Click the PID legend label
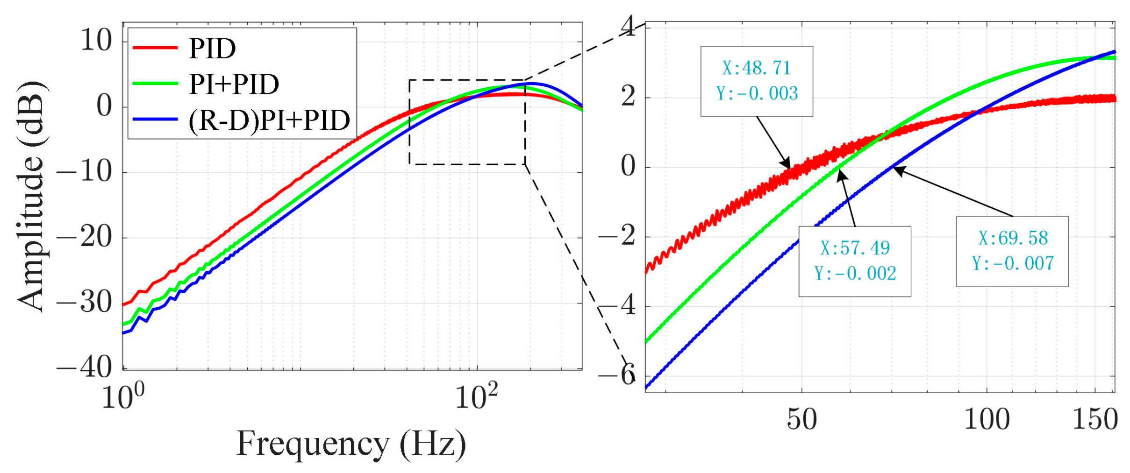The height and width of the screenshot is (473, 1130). (212, 48)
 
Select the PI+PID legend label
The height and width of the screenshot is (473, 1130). (234, 84)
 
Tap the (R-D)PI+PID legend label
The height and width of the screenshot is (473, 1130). (269, 120)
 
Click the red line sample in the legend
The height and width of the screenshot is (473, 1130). (155, 48)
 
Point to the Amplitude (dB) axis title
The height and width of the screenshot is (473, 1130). (32, 196)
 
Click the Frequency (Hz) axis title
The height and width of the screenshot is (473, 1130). (351, 444)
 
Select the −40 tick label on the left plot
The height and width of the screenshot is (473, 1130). (85, 368)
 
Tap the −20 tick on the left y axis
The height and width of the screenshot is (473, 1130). (85, 237)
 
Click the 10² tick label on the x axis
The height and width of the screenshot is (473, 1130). (476, 397)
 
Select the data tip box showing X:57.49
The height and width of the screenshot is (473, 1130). (854, 261)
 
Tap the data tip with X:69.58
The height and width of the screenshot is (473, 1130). (1012, 251)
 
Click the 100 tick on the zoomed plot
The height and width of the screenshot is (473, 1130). (987, 419)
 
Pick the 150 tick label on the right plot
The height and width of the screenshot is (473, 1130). (1095, 419)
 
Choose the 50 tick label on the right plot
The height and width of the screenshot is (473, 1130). (802, 419)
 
